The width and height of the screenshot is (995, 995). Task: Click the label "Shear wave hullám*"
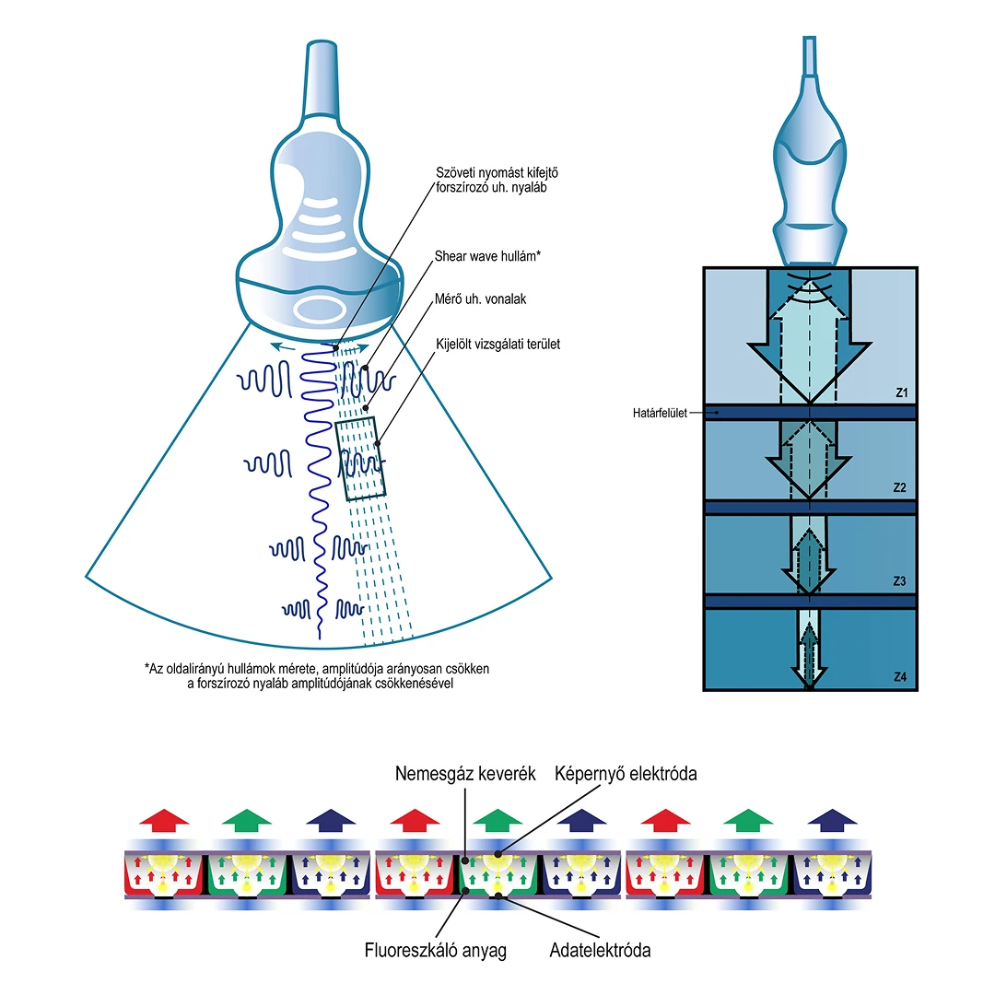click(x=486, y=256)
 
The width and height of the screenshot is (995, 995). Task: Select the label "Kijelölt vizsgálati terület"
click(x=497, y=345)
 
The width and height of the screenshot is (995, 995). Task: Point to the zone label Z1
click(x=900, y=393)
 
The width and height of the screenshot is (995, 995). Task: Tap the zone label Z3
click(x=900, y=582)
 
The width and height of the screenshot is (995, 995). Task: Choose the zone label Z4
click(x=900, y=677)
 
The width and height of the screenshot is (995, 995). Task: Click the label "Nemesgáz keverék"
click(x=465, y=774)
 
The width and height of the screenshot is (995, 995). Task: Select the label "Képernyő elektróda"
click(x=626, y=774)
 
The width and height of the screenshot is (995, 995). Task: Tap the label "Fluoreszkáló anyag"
click(x=436, y=949)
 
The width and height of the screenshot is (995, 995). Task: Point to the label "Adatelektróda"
click(x=600, y=949)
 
